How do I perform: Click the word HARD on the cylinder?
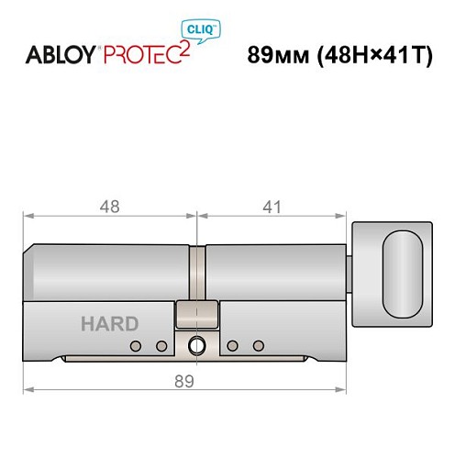(109, 323)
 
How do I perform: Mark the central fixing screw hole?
(196, 346)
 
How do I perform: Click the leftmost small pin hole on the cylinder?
(136, 346)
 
